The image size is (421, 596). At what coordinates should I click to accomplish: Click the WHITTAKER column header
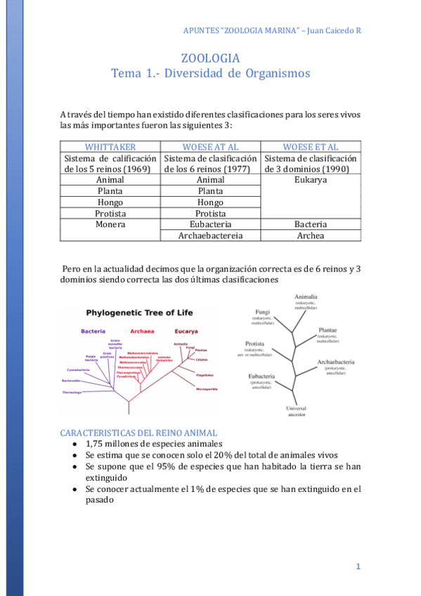[110, 147]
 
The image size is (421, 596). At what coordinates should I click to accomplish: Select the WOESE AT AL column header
[211, 147]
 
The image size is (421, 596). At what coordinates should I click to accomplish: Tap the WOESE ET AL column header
[311, 147]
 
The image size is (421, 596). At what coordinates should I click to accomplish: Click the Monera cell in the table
[111, 224]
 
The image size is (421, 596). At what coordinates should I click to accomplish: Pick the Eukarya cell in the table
[311, 180]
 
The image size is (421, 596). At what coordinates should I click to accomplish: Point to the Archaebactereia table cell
[211, 235]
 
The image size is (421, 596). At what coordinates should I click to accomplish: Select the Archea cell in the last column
[311, 235]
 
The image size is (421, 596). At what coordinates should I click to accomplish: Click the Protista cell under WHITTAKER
[111, 213]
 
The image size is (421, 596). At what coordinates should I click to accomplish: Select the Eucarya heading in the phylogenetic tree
[186, 330]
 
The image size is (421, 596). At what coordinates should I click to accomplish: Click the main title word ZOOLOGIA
[210, 58]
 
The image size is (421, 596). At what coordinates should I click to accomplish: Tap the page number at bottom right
[358, 566]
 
